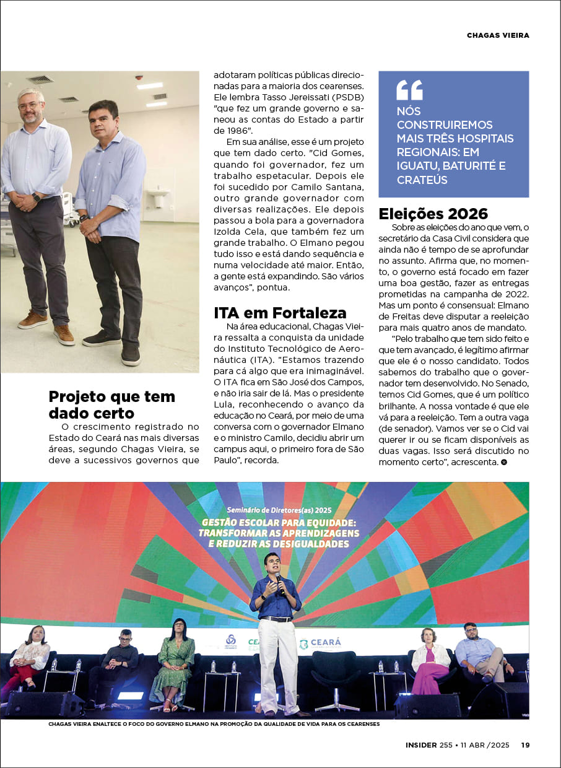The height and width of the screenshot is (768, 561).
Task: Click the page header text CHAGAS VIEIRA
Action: point(498,35)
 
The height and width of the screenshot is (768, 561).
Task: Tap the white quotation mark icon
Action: point(409,90)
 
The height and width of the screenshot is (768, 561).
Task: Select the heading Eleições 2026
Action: point(433,214)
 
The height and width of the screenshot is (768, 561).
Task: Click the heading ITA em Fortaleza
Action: point(280,312)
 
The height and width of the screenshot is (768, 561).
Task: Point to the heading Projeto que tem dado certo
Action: point(111,404)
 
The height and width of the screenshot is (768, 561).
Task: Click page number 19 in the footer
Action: point(524,745)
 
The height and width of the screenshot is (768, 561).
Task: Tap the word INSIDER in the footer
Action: point(421,745)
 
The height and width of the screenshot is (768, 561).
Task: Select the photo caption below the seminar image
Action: point(214,723)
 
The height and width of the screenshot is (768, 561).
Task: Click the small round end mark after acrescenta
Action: point(504,462)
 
